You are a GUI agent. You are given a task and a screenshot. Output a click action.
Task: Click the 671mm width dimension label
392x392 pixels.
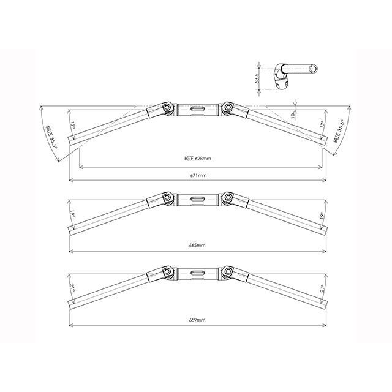[198, 176]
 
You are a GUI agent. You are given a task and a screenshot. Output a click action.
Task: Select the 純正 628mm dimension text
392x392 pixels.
[197, 159]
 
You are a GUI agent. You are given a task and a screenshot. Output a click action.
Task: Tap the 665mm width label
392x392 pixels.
[197, 245]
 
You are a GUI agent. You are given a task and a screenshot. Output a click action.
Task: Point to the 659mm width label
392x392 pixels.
[197, 320]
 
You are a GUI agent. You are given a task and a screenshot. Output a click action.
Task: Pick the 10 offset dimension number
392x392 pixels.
[293, 115]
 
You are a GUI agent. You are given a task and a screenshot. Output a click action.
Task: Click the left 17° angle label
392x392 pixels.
[72, 125]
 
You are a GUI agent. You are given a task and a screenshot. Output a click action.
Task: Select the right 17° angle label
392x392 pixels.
[323, 124]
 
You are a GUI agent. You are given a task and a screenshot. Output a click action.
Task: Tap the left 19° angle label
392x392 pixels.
[72, 215]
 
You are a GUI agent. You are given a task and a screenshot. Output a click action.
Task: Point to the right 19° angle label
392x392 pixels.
[323, 215]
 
